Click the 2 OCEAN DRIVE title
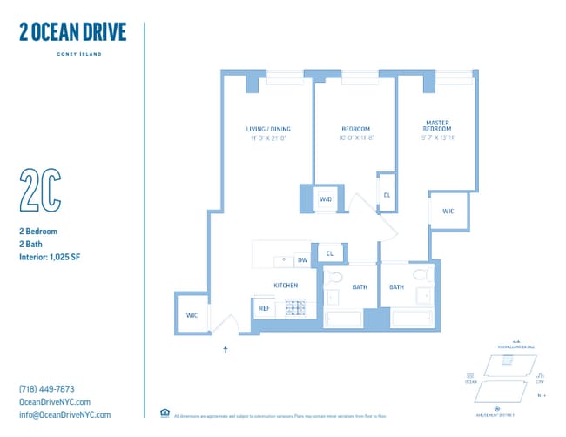tap(72, 32)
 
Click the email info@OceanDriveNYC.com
tap(64, 414)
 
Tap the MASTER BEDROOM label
tap(437, 125)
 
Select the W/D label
tap(326, 199)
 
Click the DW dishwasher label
tap(302, 259)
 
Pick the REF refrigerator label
tap(263, 307)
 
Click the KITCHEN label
tap(286, 285)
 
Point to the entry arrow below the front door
tap(226, 350)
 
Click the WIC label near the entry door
tap(192, 315)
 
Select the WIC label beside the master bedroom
tap(448, 212)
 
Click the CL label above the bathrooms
tap(329, 253)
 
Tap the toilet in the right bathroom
tap(421, 274)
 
